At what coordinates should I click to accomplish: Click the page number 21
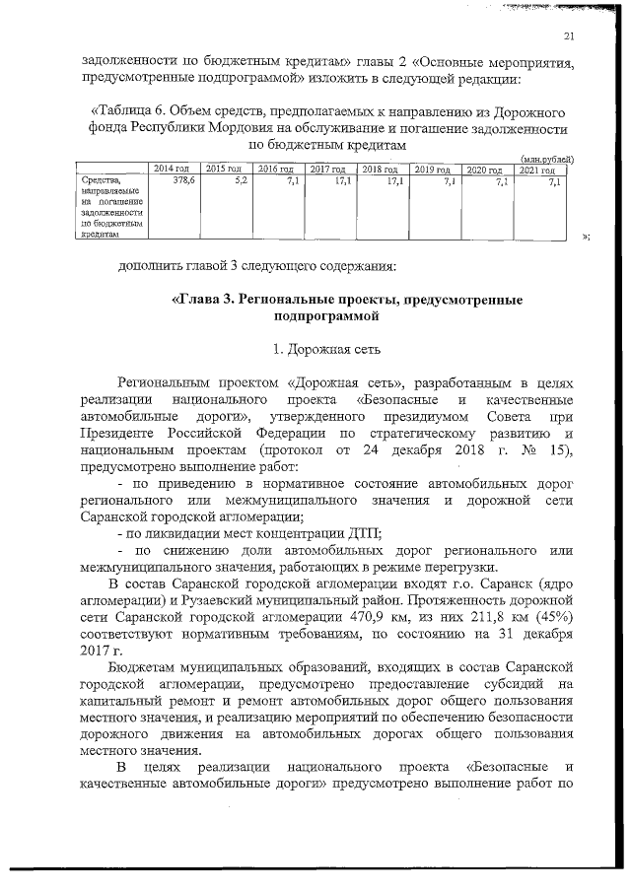568,37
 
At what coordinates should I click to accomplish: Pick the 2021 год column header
538,170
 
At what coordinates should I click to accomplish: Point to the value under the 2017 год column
344,181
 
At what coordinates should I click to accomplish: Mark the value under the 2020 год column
502,181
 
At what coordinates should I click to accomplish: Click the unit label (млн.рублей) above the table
547,159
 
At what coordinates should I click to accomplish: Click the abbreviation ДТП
364,533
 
